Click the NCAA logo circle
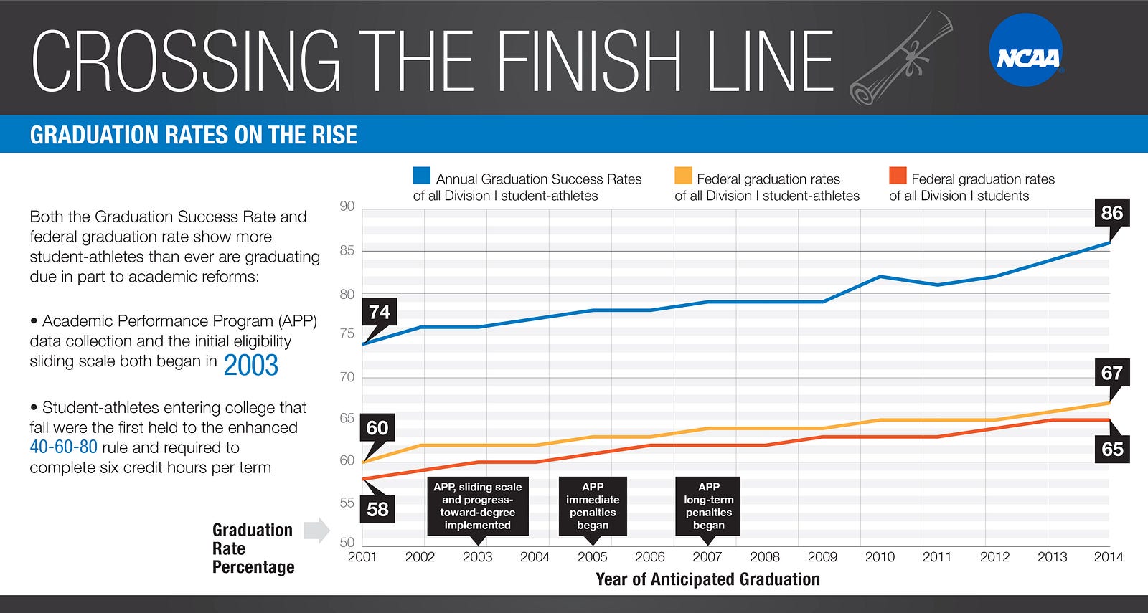click(1026, 50)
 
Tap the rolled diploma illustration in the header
click(901, 59)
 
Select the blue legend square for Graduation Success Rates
click(422, 176)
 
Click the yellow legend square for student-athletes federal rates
click(683, 176)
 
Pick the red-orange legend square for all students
click(898, 176)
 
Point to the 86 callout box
click(1111, 213)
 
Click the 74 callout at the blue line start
click(380, 313)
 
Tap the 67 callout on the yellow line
click(1111, 374)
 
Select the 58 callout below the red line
click(377, 509)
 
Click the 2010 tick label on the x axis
click(880, 557)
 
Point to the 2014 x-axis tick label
click(1109, 557)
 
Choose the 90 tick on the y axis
click(347, 206)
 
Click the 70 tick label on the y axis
click(347, 377)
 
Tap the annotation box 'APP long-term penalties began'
click(708, 506)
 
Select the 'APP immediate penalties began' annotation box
click(593, 506)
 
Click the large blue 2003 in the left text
click(250, 365)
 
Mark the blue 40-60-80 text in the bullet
click(63, 447)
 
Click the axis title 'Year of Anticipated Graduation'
click(707, 579)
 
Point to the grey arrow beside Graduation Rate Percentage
click(316, 531)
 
